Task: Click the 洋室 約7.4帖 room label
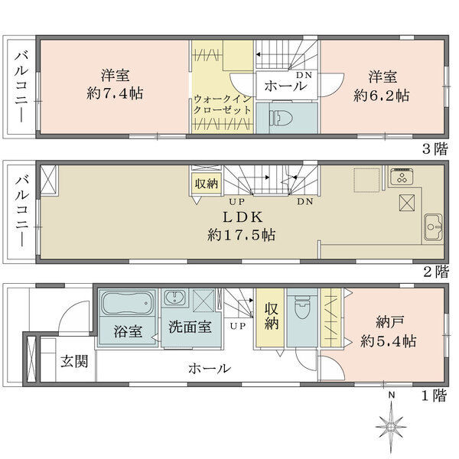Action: (115, 84)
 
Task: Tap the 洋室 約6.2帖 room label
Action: (381, 86)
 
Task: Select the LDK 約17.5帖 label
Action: (241, 226)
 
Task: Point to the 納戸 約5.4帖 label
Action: (388, 332)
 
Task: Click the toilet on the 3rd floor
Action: (281, 118)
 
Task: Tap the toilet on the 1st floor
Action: (302, 308)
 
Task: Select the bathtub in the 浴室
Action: (127, 303)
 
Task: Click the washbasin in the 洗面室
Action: (174, 298)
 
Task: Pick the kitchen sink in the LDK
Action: (433, 227)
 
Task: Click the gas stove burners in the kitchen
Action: (402, 177)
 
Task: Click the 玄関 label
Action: (74, 361)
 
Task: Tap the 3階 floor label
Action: (435, 149)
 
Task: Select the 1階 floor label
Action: (434, 396)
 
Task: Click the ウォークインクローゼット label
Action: (223, 105)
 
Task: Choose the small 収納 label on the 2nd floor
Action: (207, 184)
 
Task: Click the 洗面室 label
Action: (190, 327)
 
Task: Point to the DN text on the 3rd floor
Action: (304, 75)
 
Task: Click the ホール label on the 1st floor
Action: (210, 369)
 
